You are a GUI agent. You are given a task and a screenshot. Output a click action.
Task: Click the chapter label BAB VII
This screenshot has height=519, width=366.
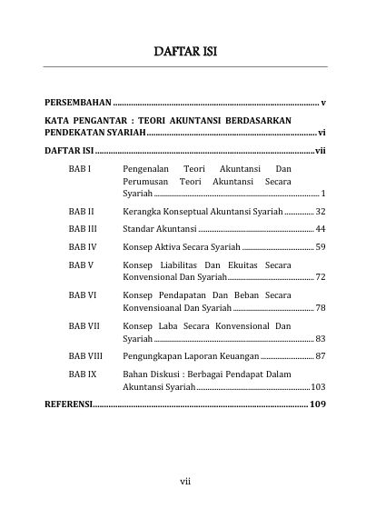(x=84, y=325)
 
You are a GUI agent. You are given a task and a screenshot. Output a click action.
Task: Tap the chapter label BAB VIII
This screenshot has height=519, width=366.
(x=85, y=356)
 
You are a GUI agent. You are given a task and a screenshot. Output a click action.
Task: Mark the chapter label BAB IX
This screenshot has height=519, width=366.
(x=82, y=374)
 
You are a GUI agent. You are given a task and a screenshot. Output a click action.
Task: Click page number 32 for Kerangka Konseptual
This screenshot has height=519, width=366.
(x=321, y=211)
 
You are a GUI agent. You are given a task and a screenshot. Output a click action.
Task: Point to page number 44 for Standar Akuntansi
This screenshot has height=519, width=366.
(x=321, y=229)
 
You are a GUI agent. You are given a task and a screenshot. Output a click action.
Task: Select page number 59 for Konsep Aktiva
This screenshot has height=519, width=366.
(x=321, y=247)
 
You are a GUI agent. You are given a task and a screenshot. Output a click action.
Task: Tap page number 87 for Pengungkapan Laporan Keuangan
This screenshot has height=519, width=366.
(x=321, y=356)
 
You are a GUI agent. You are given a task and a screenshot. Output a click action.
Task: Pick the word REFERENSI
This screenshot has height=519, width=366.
(x=68, y=404)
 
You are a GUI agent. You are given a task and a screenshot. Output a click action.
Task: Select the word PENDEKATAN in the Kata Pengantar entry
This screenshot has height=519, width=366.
(x=74, y=133)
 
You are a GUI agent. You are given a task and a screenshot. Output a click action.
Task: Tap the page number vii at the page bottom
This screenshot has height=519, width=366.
(x=183, y=481)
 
